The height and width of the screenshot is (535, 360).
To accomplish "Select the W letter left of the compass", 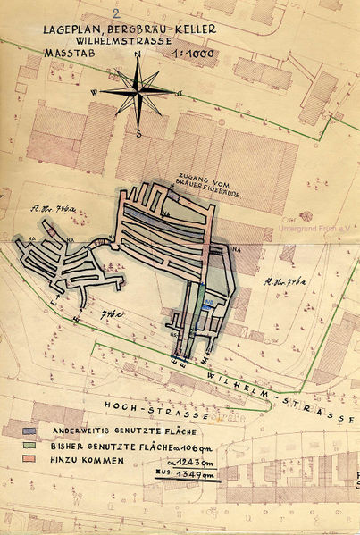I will pyautogui.click(x=93, y=91).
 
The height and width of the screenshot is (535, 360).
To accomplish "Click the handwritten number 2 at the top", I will pyautogui.click(x=117, y=13).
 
